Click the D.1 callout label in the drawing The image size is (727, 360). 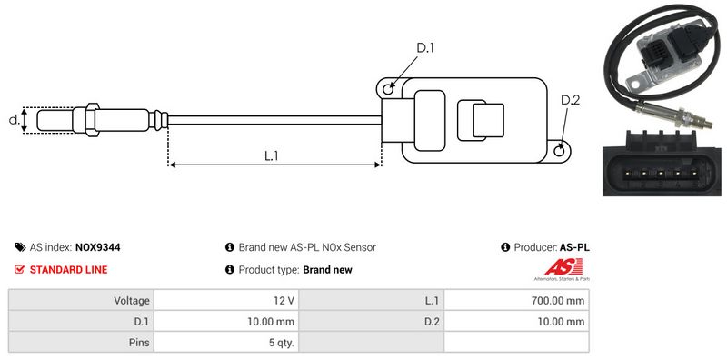coord(424,48)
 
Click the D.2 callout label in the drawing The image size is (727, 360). coord(571,100)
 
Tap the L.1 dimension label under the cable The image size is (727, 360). coord(271,155)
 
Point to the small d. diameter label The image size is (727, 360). coord(14,120)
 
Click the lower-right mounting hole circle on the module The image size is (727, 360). coord(560,150)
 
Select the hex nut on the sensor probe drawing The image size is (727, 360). coord(92,120)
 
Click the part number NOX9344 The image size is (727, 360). coord(97,247)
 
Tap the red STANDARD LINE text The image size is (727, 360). coord(69,269)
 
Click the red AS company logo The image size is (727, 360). coord(563,267)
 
